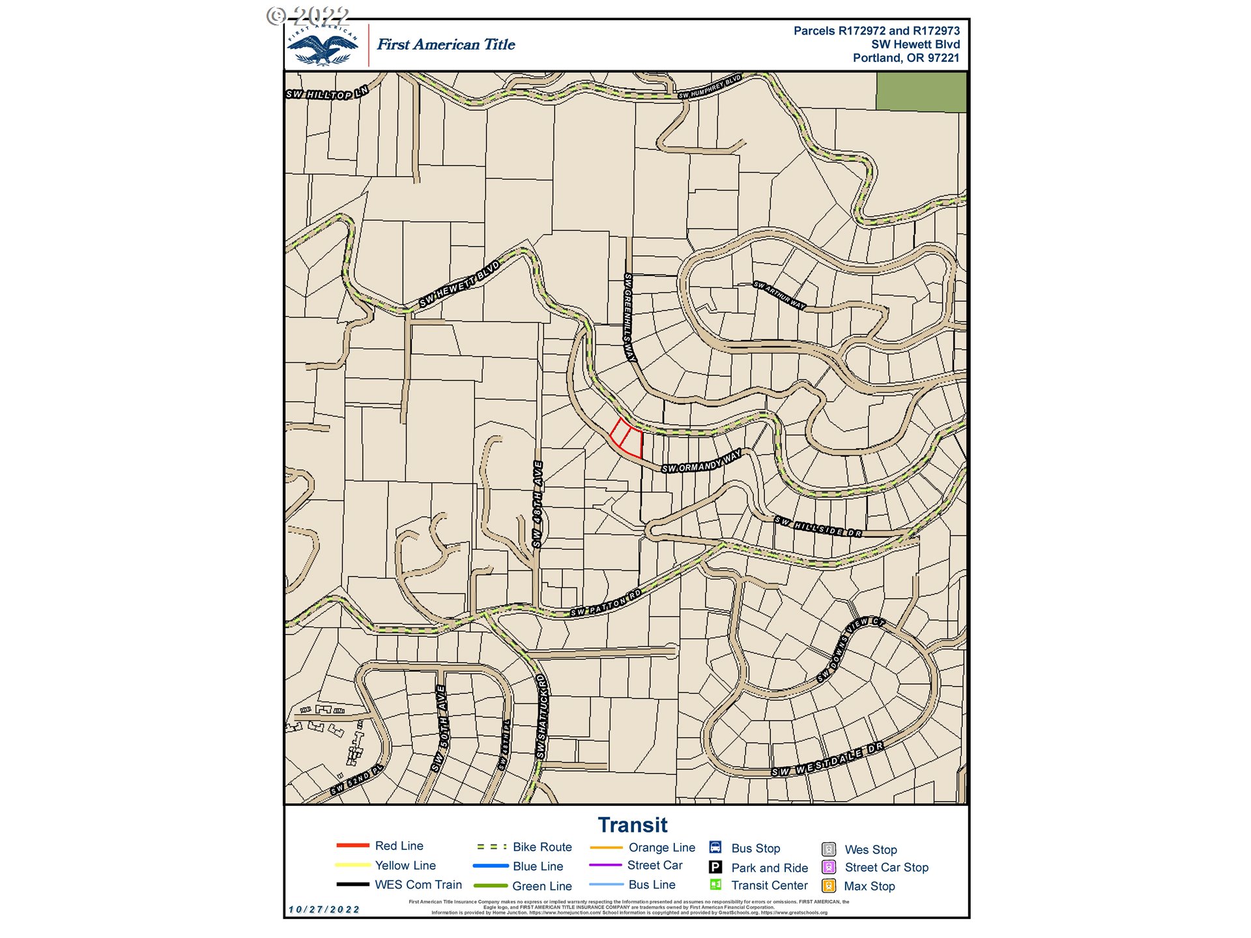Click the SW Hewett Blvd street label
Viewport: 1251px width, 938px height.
[459, 284]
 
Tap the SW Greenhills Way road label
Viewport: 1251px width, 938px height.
[629, 317]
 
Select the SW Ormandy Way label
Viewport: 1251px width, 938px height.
[702, 461]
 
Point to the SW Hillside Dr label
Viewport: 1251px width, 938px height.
[818, 527]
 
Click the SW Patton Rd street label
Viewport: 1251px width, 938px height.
[606, 603]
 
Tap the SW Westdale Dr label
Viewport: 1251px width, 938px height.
[827, 760]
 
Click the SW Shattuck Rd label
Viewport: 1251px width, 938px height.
[542, 717]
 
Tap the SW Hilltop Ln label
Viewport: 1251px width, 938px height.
[327, 93]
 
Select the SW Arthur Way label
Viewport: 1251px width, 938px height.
[779, 295]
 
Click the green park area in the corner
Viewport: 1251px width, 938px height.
[921, 92]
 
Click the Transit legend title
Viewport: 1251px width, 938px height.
[632, 825]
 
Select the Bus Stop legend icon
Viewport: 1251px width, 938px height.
[715, 847]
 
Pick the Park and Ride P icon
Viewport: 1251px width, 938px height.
[715, 867]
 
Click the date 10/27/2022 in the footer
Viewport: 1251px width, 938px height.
[324, 909]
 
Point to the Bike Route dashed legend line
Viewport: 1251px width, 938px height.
[491, 847]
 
